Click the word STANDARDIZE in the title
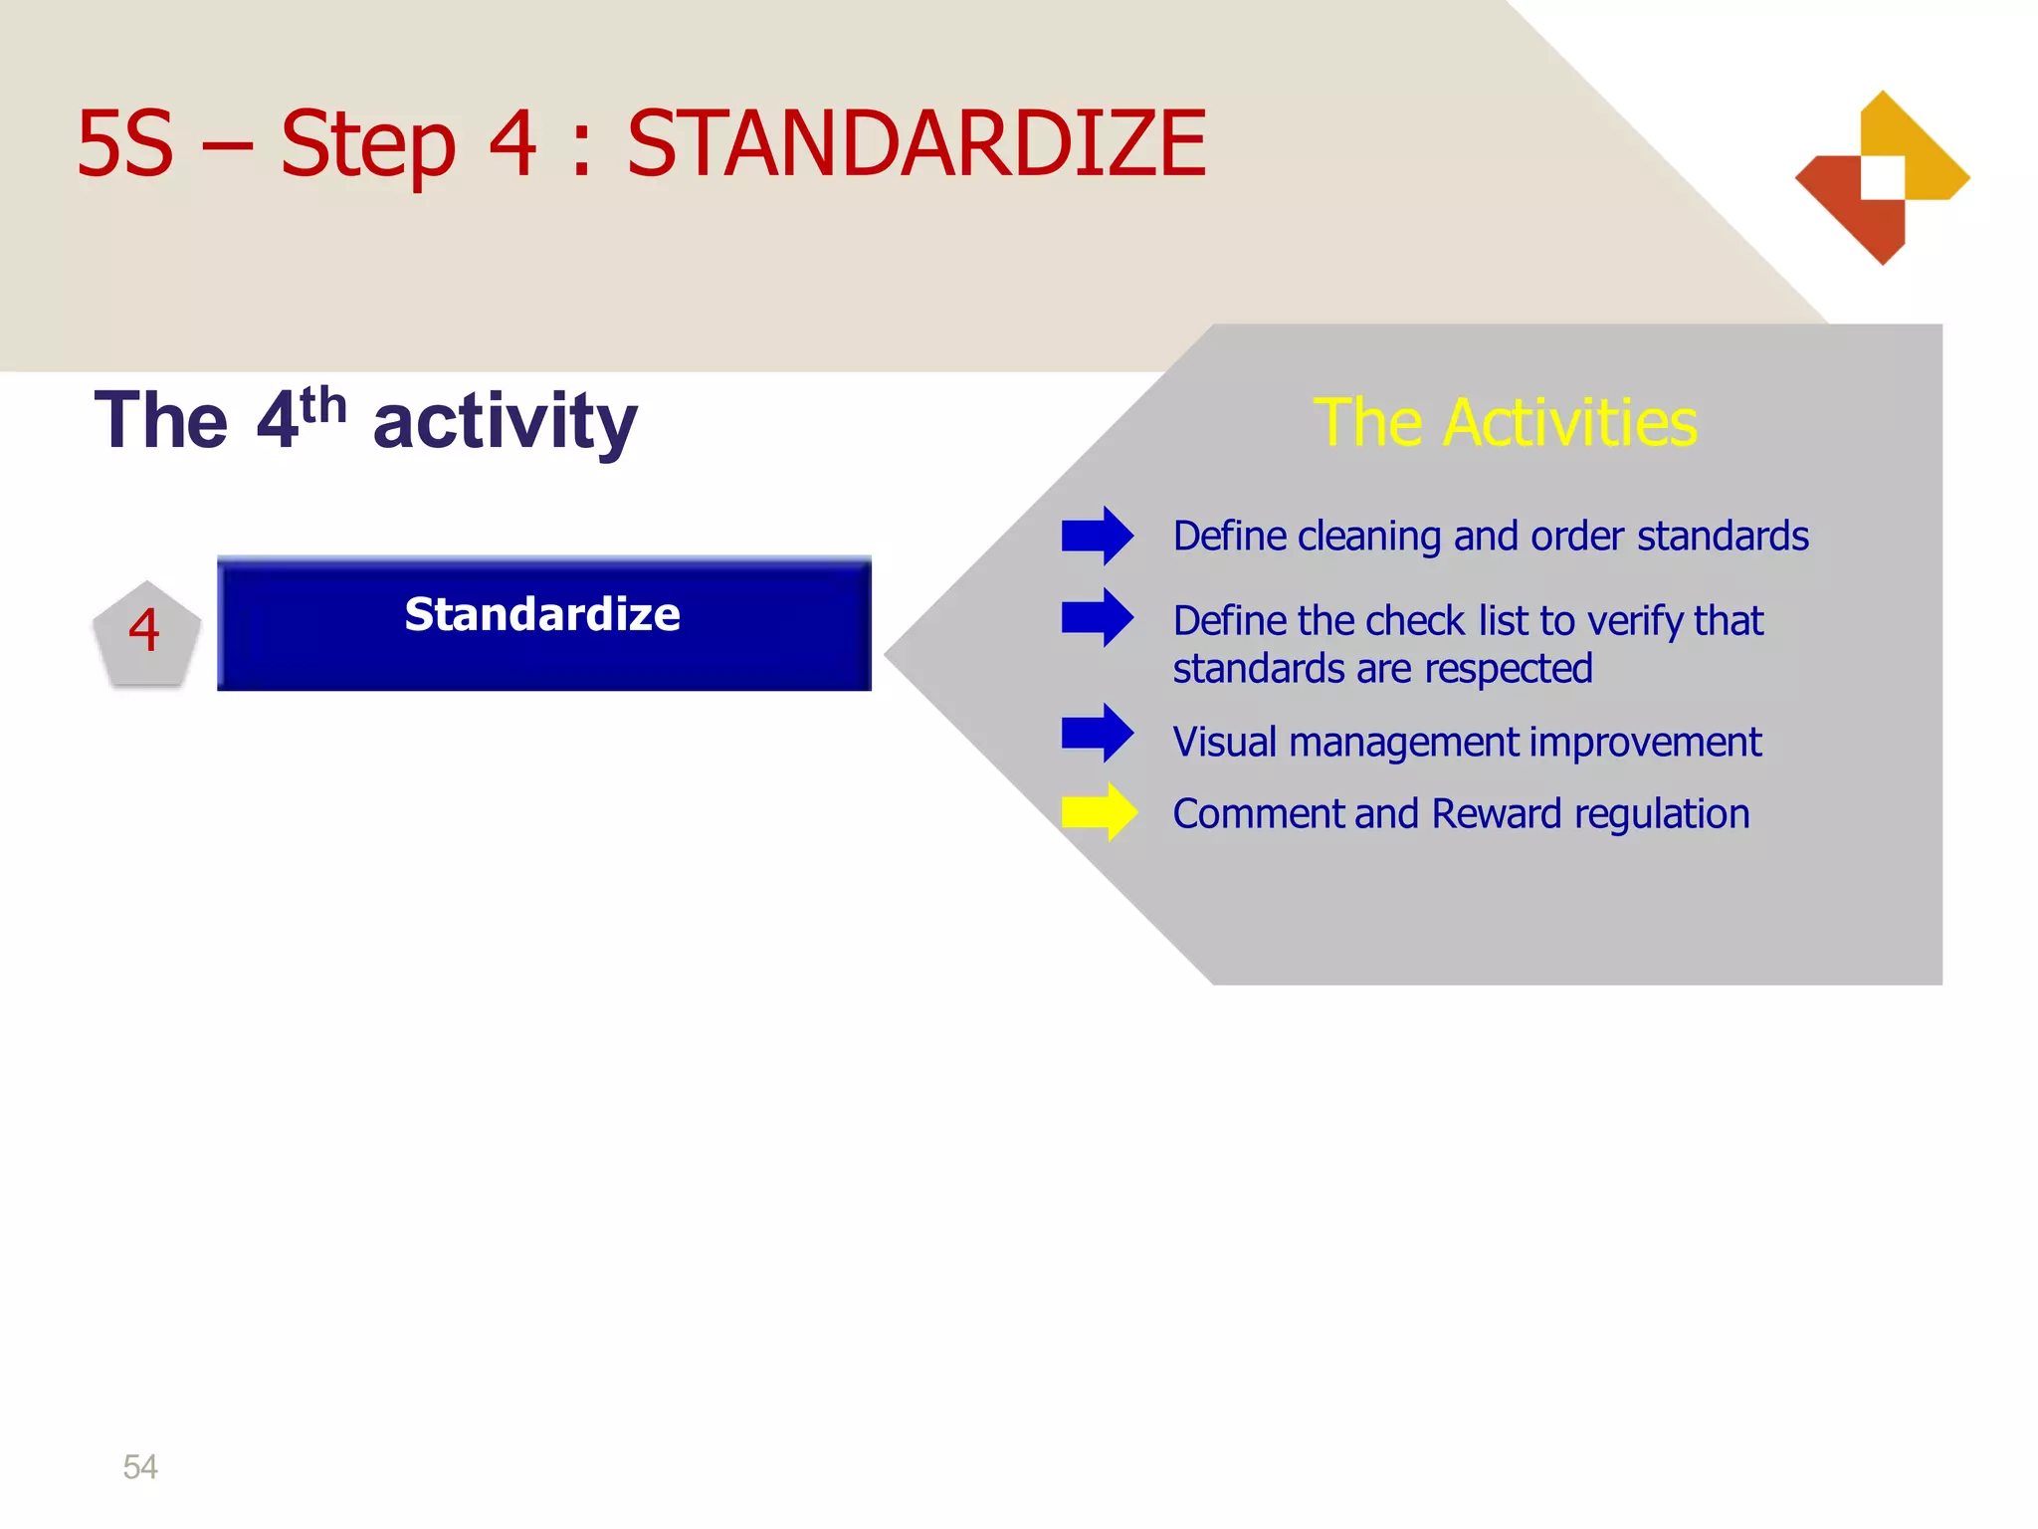[x=916, y=144]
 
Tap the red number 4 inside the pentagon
[x=145, y=631]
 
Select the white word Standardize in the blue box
[x=542, y=614]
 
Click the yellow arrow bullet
[x=1099, y=812]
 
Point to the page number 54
[x=140, y=1466]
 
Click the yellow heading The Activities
[x=1505, y=422]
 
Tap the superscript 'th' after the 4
[x=323, y=406]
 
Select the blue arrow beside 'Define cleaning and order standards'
[x=1097, y=536]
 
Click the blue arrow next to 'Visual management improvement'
[x=1097, y=733]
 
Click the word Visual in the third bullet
[x=1224, y=743]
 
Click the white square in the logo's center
[x=1883, y=177]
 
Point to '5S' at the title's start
[x=124, y=144]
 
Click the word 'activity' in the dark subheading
[x=505, y=422]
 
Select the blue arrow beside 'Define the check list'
[x=1097, y=617]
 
